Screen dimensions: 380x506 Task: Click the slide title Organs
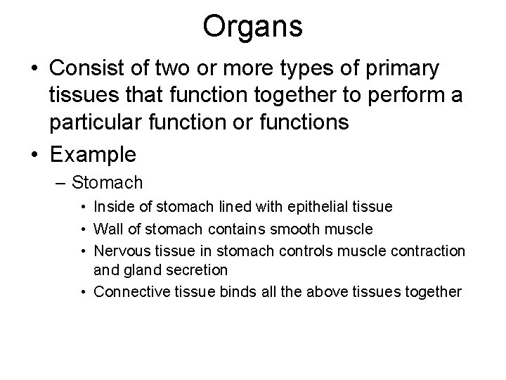[x=253, y=27]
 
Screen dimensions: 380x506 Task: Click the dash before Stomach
[x=61, y=183]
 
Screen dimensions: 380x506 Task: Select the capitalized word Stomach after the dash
[x=108, y=183]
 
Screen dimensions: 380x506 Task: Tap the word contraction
[x=429, y=250]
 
